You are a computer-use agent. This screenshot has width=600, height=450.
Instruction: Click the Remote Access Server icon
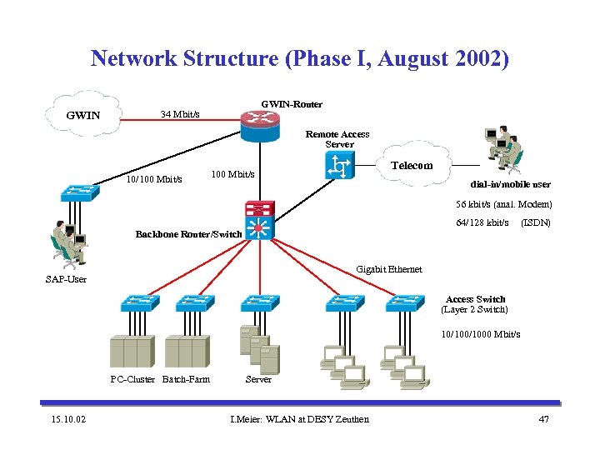(340, 168)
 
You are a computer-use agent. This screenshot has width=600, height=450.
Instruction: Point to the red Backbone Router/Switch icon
(258, 220)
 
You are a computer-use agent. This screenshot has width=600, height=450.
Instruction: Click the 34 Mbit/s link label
(179, 113)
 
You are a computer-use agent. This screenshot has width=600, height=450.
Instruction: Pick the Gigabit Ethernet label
(388, 269)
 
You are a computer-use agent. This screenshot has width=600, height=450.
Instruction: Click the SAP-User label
(66, 278)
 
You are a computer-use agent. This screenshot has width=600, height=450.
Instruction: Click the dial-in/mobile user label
(510, 184)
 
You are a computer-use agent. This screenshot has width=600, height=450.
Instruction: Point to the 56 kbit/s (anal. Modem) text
(503, 204)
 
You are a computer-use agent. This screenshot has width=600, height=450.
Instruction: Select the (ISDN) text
(535, 222)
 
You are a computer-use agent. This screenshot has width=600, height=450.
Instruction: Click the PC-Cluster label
(132, 379)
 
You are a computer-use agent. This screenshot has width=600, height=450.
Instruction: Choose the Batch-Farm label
(186, 379)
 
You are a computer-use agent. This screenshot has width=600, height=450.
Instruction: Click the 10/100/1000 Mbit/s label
(481, 334)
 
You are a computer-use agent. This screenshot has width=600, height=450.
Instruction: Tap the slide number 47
(544, 418)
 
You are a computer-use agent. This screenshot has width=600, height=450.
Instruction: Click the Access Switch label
(475, 299)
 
